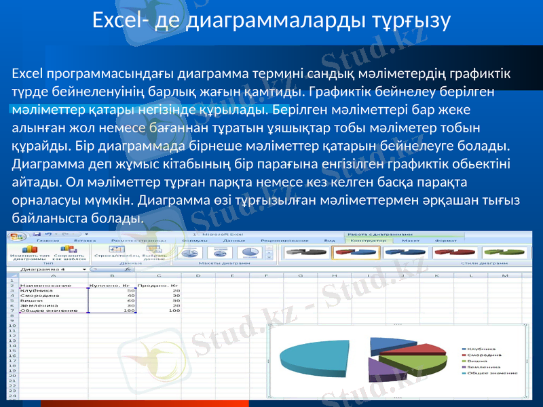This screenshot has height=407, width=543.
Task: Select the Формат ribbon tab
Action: tap(446, 240)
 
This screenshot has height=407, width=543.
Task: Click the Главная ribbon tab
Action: tap(48, 240)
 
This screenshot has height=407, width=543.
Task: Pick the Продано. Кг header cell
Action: tap(157, 286)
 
